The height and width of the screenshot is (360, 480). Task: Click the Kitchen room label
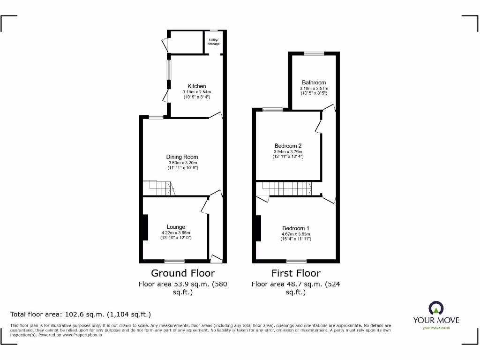(x=196, y=86)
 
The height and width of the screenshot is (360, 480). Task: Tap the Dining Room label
(x=182, y=157)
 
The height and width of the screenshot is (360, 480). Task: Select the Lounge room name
(x=176, y=227)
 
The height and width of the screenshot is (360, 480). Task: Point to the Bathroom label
(x=314, y=82)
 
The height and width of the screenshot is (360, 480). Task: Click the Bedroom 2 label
(x=288, y=146)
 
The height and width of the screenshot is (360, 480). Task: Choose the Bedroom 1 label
(x=295, y=228)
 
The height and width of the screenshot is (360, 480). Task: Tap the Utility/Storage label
(x=214, y=42)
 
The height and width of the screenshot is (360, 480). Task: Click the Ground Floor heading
(x=183, y=273)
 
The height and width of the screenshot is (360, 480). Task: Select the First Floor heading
(x=296, y=273)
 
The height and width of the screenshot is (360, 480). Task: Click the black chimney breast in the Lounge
(x=145, y=228)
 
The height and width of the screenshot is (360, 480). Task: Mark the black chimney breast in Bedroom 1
(x=258, y=228)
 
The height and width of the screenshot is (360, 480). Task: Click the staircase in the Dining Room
(x=159, y=187)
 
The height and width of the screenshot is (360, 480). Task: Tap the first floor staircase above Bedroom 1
(x=287, y=189)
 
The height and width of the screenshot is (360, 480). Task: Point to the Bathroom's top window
(x=314, y=53)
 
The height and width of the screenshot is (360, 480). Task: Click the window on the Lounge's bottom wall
(x=174, y=261)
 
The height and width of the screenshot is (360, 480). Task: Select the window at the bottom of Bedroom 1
(x=296, y=261)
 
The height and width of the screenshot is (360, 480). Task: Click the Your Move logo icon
(x=436, y=308)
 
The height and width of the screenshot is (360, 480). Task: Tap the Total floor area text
(x=81, y=315)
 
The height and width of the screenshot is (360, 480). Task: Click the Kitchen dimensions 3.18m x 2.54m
(x=197, y=92)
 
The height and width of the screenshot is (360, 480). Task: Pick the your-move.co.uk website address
(x=436, y=328)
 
